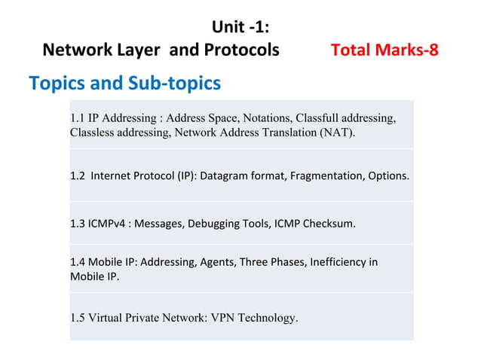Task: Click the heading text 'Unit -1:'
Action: (x=240, y=28)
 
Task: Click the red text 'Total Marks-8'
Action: (x=384, y=50)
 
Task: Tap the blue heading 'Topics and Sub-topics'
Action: (x=124, y=82)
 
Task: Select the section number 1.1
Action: (x=77, y=118)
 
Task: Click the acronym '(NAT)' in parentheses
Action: (x=335, y=133)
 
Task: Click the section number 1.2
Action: (x=77, y=176)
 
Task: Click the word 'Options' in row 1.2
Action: (x=388, y=176)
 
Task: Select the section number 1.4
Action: (x=77, y=262)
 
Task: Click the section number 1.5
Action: (x=77, y=317)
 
